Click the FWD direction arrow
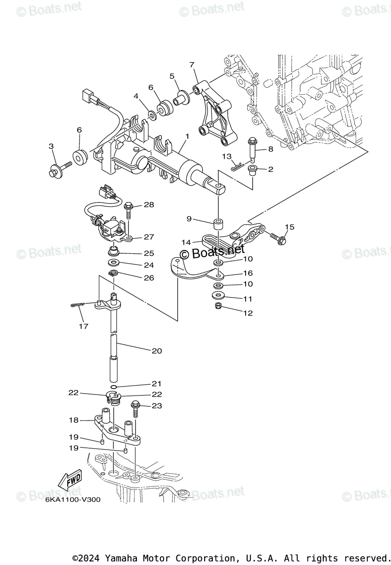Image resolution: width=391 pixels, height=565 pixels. click(69, 481)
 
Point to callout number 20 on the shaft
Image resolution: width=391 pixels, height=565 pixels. click(157, 351)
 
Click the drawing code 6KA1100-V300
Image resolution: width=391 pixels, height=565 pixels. click(73, 500)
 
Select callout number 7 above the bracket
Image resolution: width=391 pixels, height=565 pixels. click(192, 65)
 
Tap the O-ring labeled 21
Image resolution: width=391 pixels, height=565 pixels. click(116, 384)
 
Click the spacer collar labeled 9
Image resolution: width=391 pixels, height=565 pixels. click(218, 223)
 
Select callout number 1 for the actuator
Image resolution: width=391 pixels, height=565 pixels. click(187, 137)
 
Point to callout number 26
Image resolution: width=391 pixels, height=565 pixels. click(149, 278)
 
